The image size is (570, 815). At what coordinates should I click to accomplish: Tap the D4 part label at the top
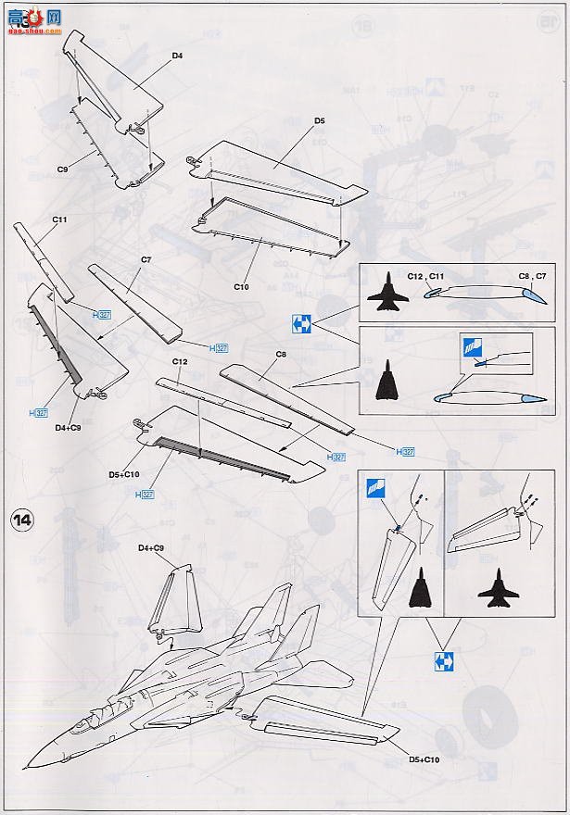point(177,56)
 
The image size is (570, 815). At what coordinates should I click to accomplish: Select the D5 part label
point(319,120)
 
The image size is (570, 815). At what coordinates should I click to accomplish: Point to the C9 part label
point(64,169)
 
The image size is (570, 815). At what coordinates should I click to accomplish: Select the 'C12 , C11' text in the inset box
point(427,275)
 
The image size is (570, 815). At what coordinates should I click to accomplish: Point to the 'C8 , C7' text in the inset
point(531,275)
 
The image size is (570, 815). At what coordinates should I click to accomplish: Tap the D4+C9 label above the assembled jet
point(151,548)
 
